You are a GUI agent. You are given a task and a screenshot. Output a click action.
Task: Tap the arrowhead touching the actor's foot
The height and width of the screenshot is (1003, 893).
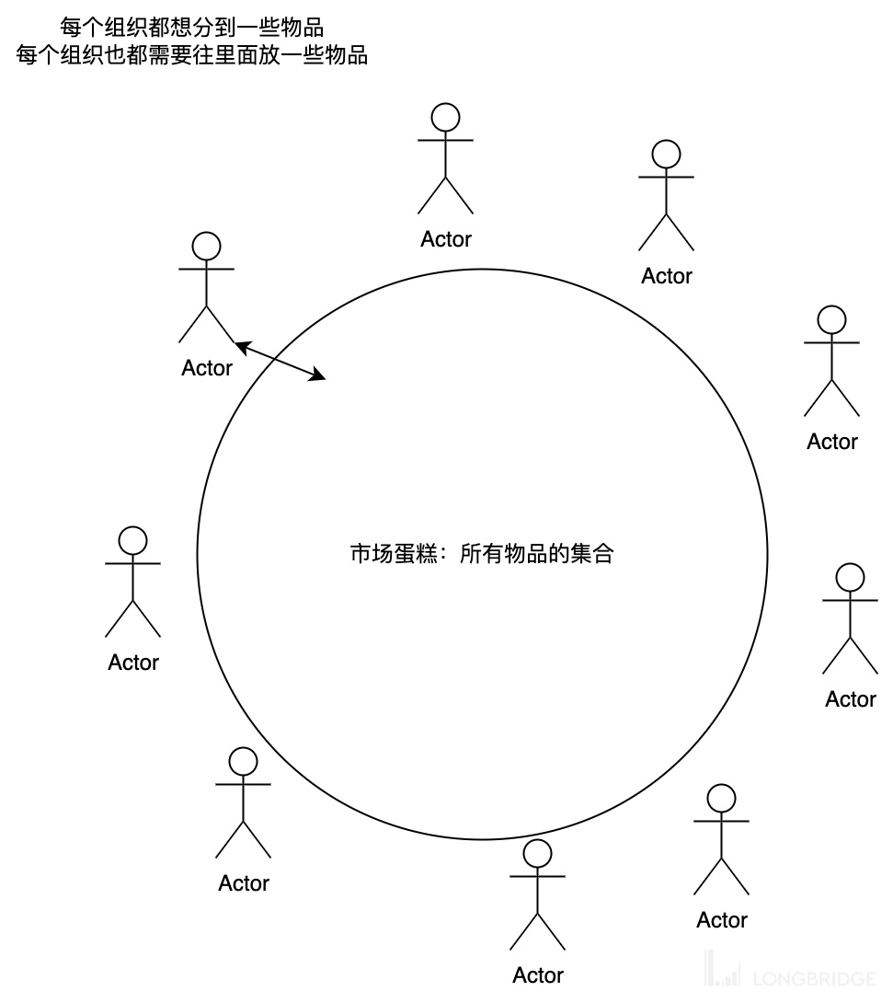point(242,346)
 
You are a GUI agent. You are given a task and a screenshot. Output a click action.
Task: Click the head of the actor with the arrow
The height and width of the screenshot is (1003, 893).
point(207,246)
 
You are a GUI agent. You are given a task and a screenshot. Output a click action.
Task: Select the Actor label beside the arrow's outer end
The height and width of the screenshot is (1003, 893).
point(207,368)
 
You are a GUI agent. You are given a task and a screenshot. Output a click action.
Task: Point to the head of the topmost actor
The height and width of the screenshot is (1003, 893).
point(446,117)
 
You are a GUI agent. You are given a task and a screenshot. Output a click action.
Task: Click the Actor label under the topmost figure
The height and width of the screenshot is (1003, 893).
point(446,239)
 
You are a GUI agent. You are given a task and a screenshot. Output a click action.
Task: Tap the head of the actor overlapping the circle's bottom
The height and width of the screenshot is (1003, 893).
point(538,853)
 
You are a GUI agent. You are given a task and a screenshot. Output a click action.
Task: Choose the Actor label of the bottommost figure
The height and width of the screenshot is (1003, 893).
point(538,975)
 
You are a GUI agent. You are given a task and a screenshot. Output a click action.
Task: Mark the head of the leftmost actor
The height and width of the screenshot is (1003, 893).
point(133,540)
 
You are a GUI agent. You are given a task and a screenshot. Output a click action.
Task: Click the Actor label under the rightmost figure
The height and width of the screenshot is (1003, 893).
point(851,699)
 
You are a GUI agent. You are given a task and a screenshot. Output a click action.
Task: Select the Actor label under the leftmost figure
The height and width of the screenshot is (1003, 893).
point(133,663)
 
